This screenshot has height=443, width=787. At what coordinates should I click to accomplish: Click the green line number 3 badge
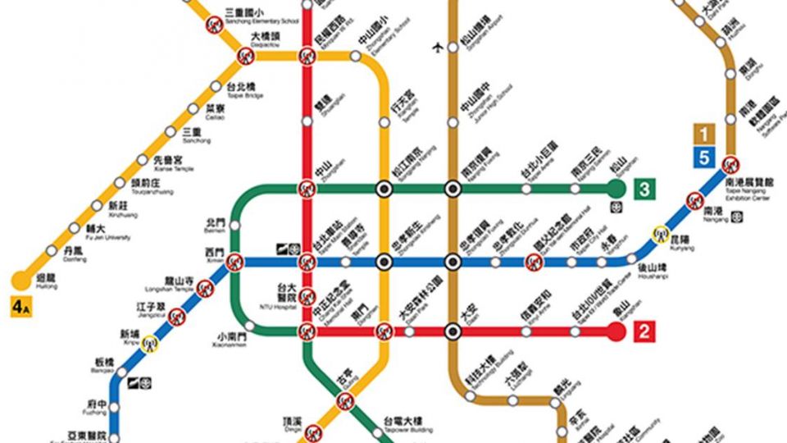coord(645,190)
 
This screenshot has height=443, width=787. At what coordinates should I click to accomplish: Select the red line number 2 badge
coord(645,332)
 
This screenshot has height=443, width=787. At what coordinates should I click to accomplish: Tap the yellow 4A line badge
coord(20,308)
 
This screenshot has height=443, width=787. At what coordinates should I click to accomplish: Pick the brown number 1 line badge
coord(703,134)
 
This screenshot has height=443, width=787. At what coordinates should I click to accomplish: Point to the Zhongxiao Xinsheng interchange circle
coord(384,262)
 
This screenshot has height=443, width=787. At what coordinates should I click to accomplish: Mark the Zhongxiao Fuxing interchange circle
coord(451,262)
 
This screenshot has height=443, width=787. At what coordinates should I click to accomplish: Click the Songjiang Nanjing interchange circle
coord(384,190)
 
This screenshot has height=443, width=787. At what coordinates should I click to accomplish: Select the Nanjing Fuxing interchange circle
coord(451,190)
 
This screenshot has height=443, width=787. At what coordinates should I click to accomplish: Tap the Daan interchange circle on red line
coord(451,332)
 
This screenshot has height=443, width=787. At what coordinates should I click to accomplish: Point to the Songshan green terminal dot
coord(616,190)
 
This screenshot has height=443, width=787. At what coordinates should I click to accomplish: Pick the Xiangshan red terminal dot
coord(616,332)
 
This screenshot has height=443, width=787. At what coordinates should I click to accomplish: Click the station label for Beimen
coord(214,223)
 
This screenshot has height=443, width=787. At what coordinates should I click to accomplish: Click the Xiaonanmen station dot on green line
coord(250,326)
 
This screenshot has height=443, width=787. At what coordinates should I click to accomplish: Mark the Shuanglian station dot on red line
coord(307,121)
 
